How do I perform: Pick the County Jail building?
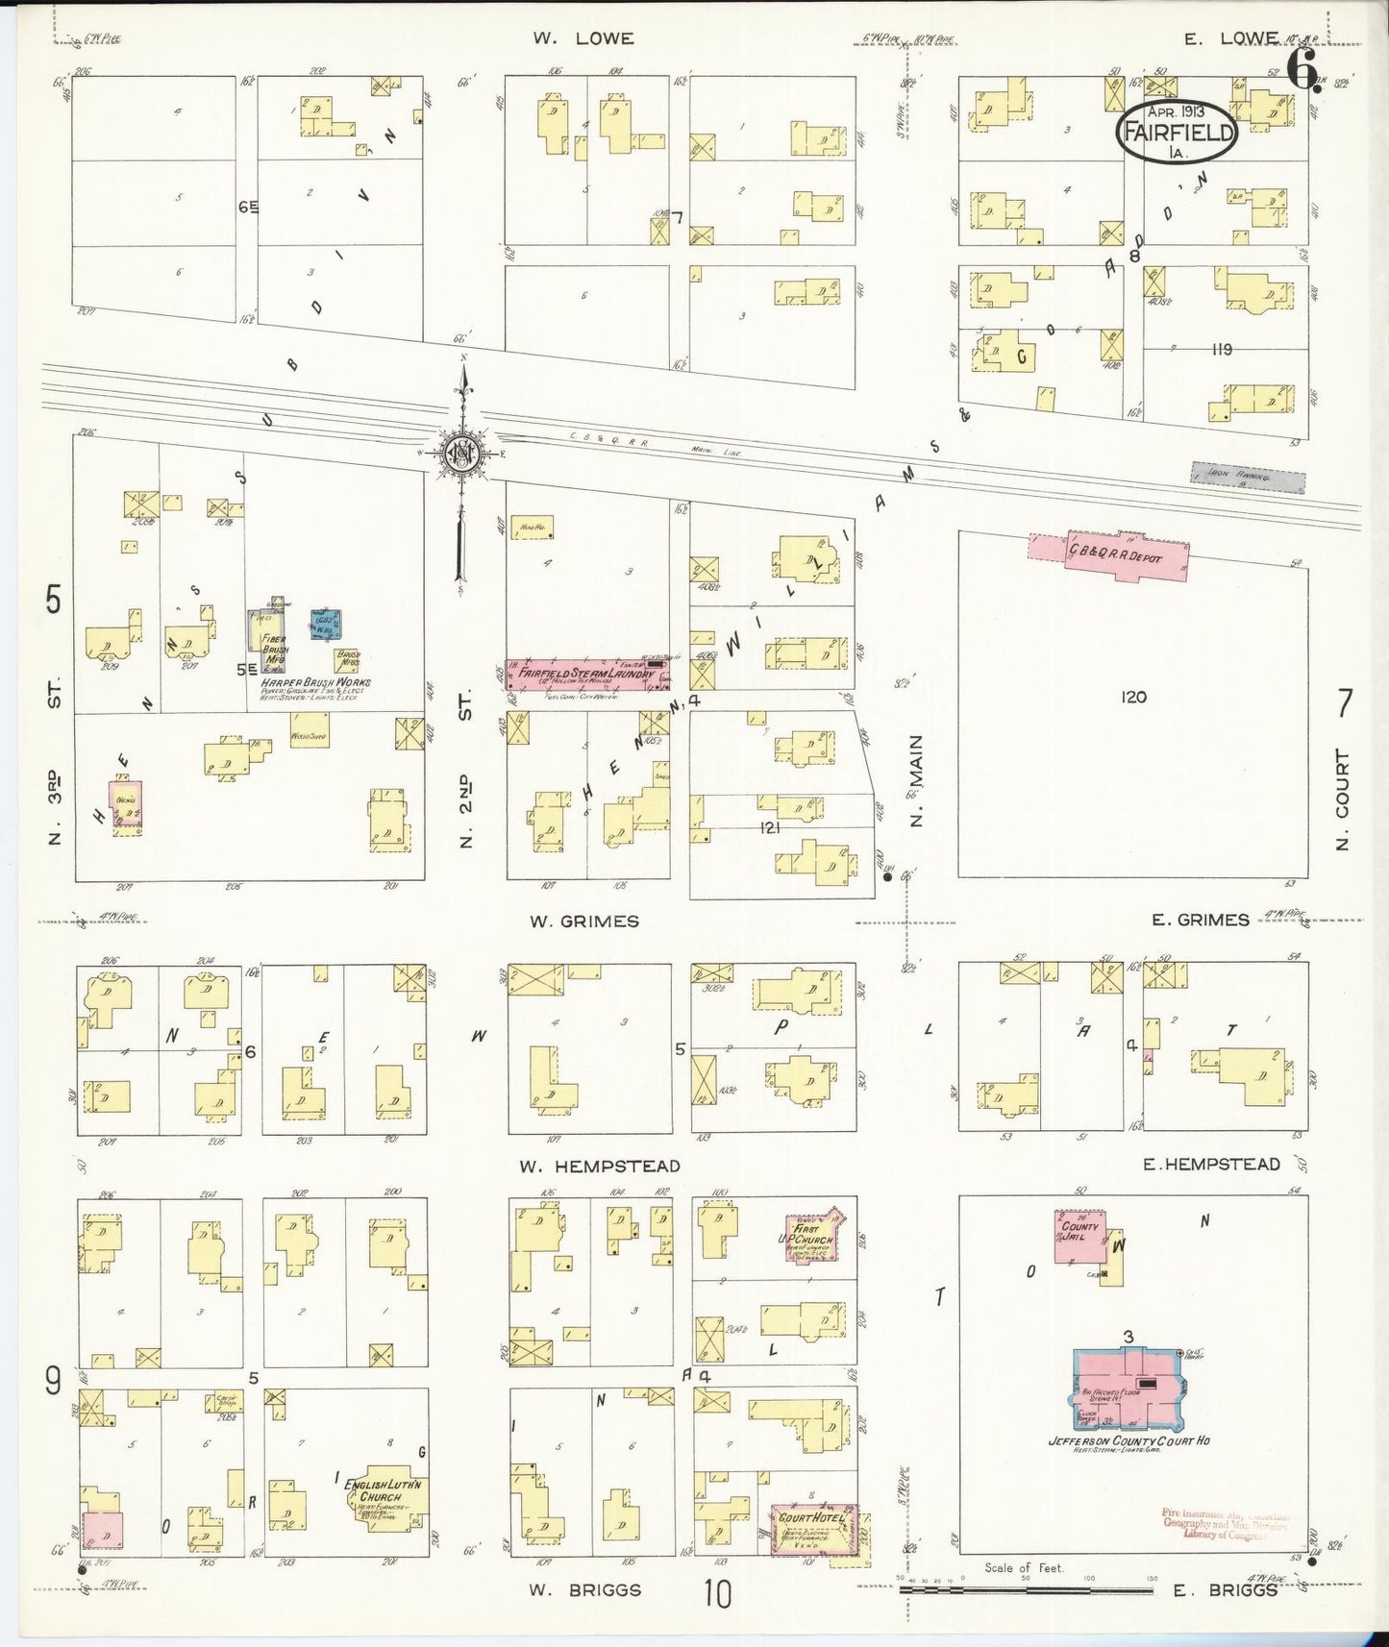pos(1080,1237)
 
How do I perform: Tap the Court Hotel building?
pos(813,1529)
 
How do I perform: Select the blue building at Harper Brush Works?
pos(325,626)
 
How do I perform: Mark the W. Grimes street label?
pos(584,922)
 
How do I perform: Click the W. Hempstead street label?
pos(600,1167)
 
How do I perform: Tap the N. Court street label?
pos(1342,799)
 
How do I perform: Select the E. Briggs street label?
pos(1225,1589)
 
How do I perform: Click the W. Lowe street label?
pos(584,38)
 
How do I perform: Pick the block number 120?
pos(1133,697)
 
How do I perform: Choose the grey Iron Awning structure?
pos(1248,477)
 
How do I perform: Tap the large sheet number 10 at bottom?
pos(717,1593)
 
